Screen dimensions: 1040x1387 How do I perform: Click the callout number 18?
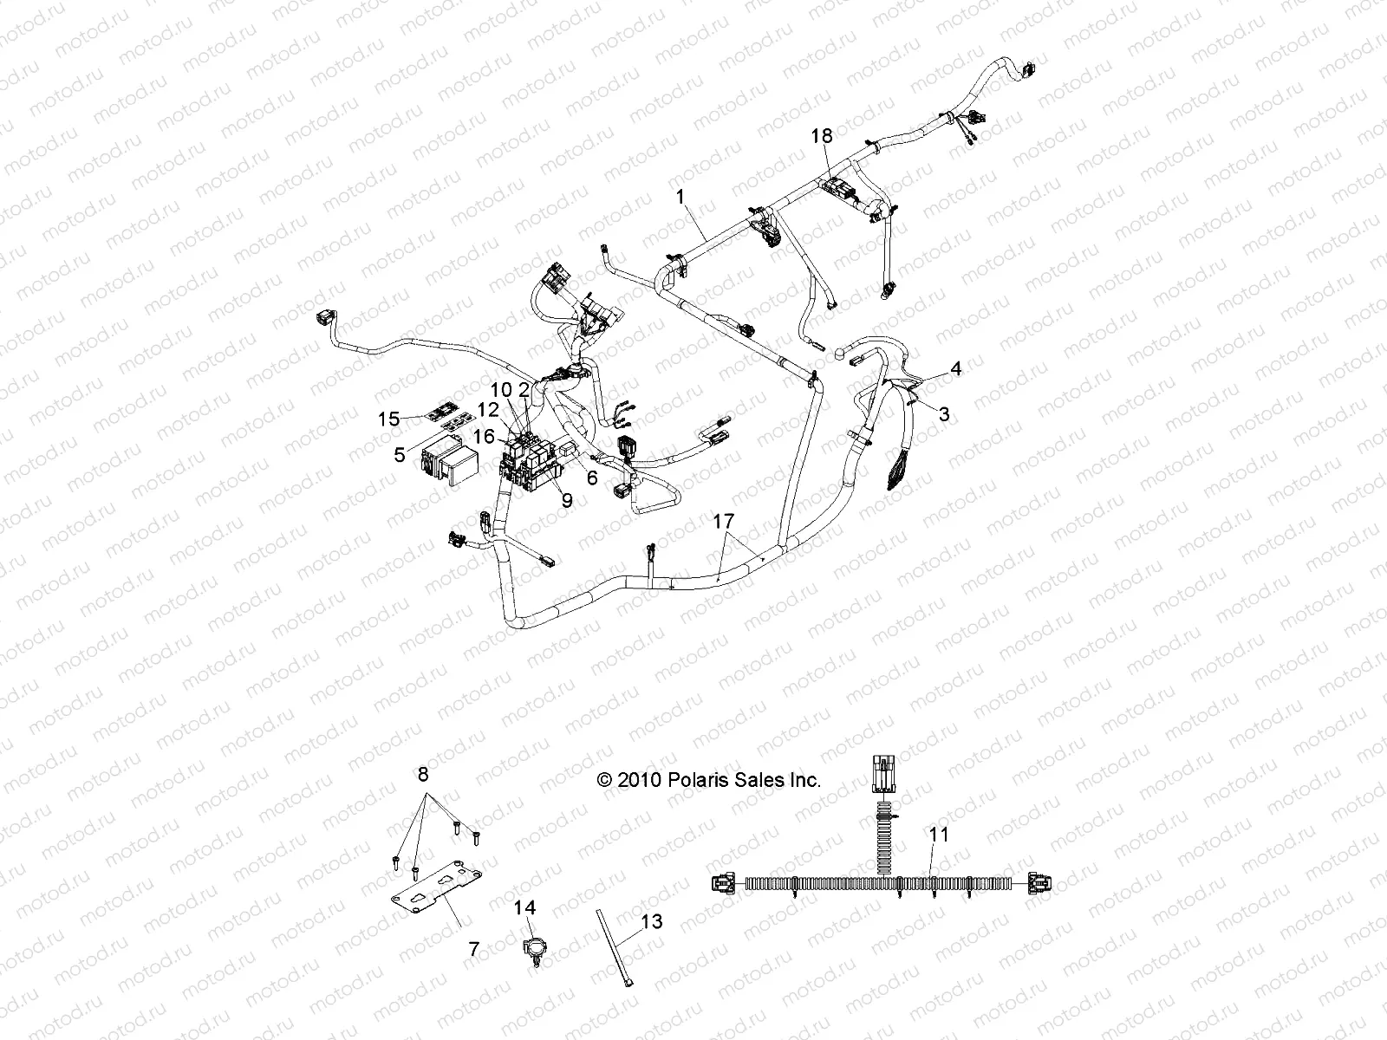[821, 136]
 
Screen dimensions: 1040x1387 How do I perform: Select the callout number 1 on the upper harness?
[681, 198]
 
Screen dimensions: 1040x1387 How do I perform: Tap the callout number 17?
[724, 521]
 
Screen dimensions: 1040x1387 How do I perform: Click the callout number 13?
[651, 921]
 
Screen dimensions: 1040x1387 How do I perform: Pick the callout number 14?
[525, 908]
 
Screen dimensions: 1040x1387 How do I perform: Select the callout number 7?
[473, 949]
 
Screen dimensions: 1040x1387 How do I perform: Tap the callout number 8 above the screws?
[423, 774]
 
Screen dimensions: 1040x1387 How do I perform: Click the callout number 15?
[389, 419]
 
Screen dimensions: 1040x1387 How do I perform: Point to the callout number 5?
[400, 454]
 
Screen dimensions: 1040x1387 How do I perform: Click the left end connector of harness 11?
[723, 885]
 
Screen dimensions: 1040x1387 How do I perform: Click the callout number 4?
[955, 368]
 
